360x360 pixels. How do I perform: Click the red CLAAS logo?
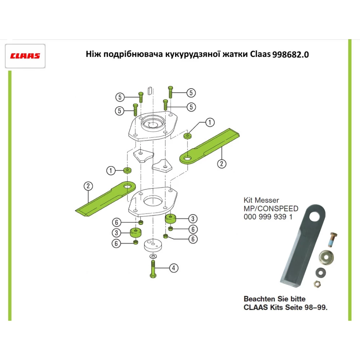(x=25, y=56)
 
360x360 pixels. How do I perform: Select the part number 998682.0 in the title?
(x=291, y=55)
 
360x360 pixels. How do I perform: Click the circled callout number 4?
(x=174, y=268)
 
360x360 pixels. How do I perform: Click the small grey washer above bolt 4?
(x=153, y=256)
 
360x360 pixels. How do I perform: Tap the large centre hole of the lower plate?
(x=152, y=200)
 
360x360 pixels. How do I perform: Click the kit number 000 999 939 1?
(x=268, y=217)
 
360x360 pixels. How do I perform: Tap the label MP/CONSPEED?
(x=271, y=209)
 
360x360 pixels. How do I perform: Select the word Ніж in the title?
(x=94, y=55)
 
